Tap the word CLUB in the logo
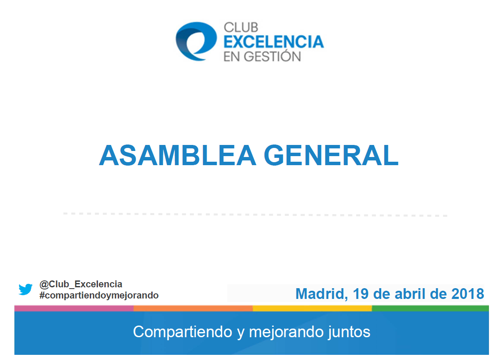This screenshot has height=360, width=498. pos(241,28)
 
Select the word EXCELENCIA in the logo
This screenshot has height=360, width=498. pos(273,42)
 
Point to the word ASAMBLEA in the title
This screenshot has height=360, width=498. pos(177,156)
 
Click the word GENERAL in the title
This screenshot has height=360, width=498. pos(331,156)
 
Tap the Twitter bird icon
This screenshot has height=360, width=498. pos(25,289)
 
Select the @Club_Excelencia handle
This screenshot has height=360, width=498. pos(81,284)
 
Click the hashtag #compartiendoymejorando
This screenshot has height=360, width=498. pos(99,295)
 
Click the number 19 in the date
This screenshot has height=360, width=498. pos(361,294)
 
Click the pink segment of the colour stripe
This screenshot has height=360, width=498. pos(74,308)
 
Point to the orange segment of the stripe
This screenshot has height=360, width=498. pos(193,308)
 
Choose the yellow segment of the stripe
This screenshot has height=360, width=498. pos(312,308)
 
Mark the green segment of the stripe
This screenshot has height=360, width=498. pos(431,308)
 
